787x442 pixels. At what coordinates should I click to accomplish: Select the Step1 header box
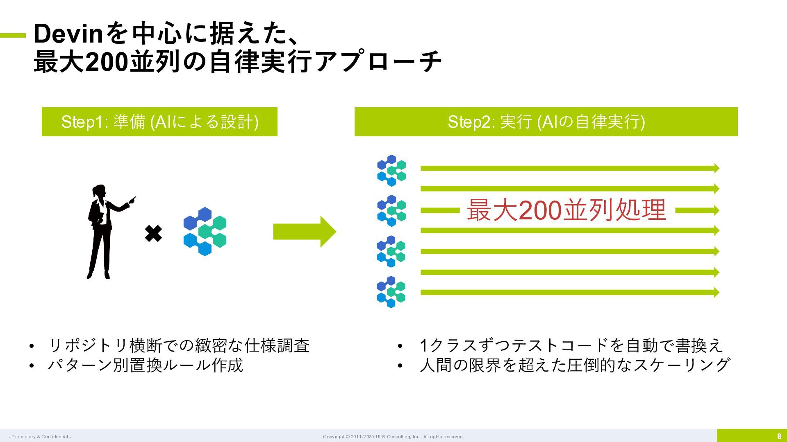pyautogui.click(x=159, y=122)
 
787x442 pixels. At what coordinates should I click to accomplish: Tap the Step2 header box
pyautogui.click(x=546, y=122)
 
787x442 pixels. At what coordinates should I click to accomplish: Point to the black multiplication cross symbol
pyautogui.click(x=154, y=234)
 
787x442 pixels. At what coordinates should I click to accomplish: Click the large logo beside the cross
pyautogui.click(x=205, y=232)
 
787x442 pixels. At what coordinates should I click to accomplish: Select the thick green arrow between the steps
pyautogui.click(x=304, y=232)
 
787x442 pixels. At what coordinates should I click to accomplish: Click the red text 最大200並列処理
pyautogui.click(x=566, y=210)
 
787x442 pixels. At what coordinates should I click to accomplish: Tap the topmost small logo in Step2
pyautogui.click(x=391, y=170)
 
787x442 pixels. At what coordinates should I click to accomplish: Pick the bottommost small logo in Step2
pyautogui.click(x=391, y=292)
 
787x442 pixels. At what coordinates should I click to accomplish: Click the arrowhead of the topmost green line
pyautogui.click(x=716, y=168)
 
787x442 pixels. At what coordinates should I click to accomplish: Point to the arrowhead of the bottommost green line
pyautogui.click(x=716, y=292)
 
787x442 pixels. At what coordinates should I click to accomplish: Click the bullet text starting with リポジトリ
pyautogui.click(x=179, y=345)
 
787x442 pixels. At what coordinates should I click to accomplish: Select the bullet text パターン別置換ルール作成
pyautogui.click(x=146, y=365)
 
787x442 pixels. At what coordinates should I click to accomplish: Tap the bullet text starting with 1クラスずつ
pyautogui.click(x=571, y=345)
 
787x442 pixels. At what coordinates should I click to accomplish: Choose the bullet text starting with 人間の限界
pyautogui.click(x=575, y=365)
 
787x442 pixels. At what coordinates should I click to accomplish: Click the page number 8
pyautogui.click(x=779, y=436)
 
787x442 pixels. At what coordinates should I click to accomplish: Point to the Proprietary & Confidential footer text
pyautogui.click(x=40, y=437)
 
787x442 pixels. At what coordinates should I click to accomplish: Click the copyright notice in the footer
pyautogui.click(x=393, y=437)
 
